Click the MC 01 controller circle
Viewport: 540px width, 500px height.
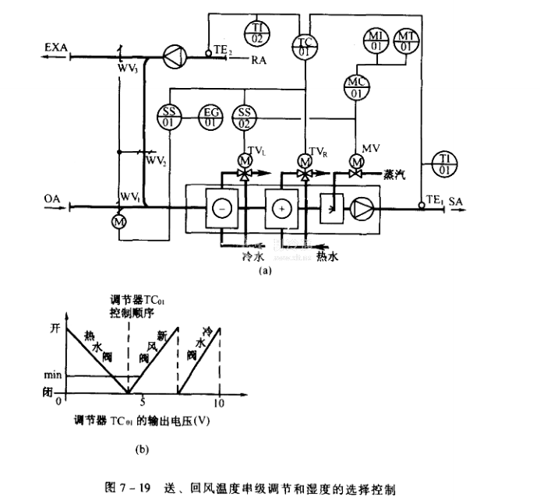point(356,87)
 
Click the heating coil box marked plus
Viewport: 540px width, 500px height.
point(281,209)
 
